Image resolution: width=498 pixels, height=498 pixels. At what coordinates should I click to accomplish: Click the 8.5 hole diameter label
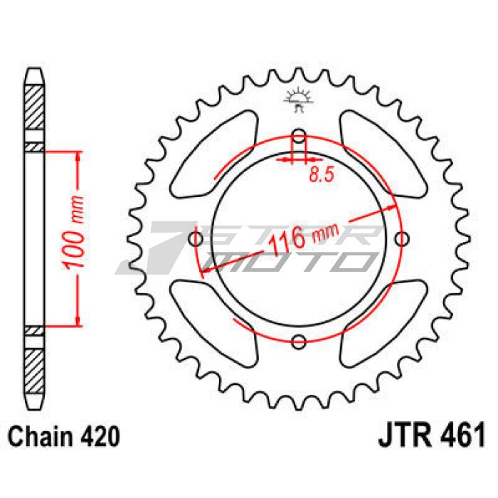click(322, 174)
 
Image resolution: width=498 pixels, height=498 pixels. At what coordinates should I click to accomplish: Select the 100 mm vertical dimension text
click(73, 233)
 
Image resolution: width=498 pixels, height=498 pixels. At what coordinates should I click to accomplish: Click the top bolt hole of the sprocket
click(299, 136)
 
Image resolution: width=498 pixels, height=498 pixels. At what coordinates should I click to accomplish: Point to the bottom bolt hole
click(299, 341)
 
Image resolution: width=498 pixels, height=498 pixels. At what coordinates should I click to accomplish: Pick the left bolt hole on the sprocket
click(196, 239)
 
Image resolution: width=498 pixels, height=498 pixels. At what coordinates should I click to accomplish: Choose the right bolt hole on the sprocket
click(402, 239)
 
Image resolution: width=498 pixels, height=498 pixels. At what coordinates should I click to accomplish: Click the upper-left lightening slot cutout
click(214, 154)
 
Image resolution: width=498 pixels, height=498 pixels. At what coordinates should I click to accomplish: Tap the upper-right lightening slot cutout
click(383, 154)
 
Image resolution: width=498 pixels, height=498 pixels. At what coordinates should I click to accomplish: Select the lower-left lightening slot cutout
click(214, 324)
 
